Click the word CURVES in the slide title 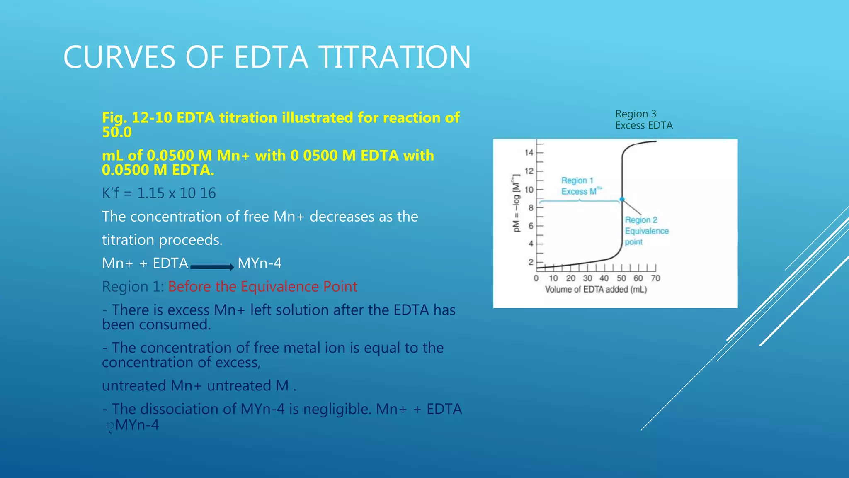pos(119,57)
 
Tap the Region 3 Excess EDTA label pos(643,119)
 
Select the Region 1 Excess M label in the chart pos(580,186)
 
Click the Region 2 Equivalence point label pos(646,231)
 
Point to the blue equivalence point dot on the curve pos(622,200)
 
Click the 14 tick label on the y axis pos(529,153)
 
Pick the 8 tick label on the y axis pos(531,207)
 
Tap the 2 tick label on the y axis pos(531,262)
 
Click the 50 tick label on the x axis pos(621,278)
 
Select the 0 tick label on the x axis pos(536,278)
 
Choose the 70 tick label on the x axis pos(655,278)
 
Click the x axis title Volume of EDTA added pos(596,289)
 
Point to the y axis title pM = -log pos(516,203)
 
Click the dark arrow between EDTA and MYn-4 pos(212,267)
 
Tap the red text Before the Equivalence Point pos(262,287)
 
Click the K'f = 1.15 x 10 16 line pos(159,193)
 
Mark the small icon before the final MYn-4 pos(110,427)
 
